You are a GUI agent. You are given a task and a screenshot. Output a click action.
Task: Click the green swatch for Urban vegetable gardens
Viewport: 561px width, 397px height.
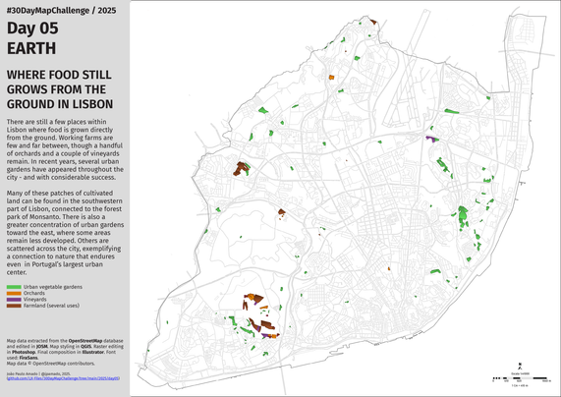14,287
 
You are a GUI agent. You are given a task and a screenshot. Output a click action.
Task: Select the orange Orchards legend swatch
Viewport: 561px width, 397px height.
14,293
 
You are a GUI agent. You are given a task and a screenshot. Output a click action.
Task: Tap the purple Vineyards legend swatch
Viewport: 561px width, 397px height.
14,299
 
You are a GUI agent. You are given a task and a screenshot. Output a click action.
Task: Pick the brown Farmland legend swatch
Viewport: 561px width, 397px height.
14,305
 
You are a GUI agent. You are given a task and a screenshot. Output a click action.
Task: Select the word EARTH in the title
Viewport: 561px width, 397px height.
31,48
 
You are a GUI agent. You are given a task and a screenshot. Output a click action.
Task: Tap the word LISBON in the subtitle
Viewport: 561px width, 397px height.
91,103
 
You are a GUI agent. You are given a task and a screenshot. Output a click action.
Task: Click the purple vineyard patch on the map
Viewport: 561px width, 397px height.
431,140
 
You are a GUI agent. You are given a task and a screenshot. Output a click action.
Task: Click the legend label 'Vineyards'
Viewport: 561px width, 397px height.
35,299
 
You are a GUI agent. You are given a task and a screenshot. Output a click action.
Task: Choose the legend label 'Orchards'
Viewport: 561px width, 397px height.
34,293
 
